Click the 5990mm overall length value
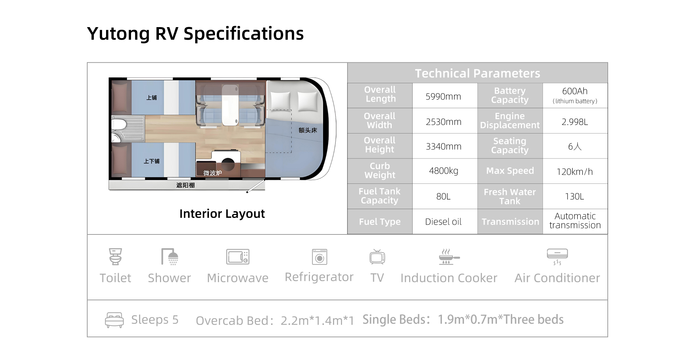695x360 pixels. pyautogui.click(x=443, y=97)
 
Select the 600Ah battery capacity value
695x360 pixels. pyautogui.click(x=575, y=91)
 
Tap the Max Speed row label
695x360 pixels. pyautogui.click(x=510, y=171)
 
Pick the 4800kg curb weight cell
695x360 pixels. pyautogui.click(x=443, y=171)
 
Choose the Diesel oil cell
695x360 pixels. pyautogui.click(x=443, y=222)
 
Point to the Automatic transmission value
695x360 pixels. pyautogui.click(x=575, y=221)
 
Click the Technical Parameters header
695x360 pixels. pyautogui.click(x=477, y=73)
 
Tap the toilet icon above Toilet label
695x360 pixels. pyautogui.click(x=115, y=257)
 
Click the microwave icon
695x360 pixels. pyautogui.click(x=238, y=257)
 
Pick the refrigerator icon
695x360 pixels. pyautogui.click(x=320, y=257)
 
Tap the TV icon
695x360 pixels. pyautogui.click(x=377, y=257)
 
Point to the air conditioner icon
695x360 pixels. pyautogui.click(x=557, y=257)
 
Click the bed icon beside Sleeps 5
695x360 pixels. pyautogui.click(x=114, y=320)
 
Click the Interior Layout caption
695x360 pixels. pyautogui.click(x=222, y=214)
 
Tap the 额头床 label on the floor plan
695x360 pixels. pyautogui.click(x=308, y=130)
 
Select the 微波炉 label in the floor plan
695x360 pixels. pyautogui.click(x=212, y=173)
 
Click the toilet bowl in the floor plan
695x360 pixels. pyautogui.click(x=119, y=125)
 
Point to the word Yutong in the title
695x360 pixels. pyautogui.click(x=118, y=34)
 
